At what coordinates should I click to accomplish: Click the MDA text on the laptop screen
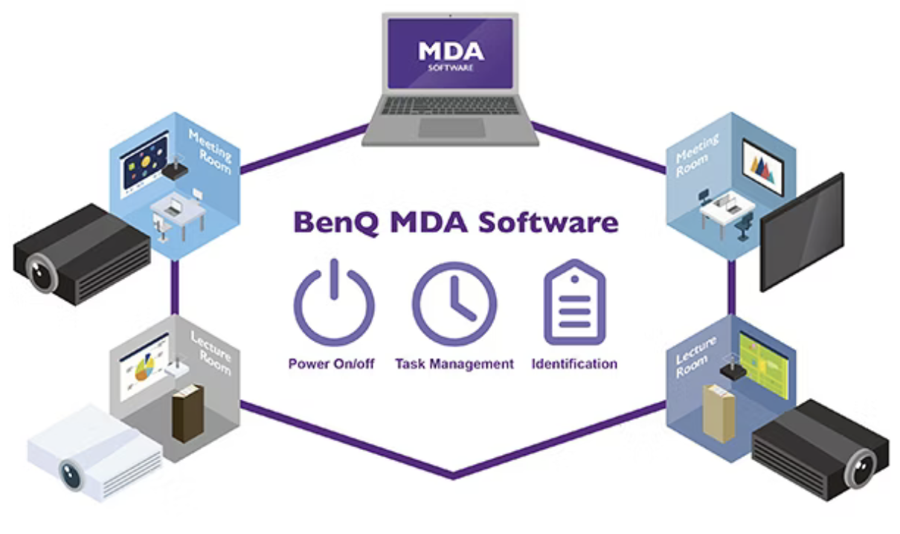(450, 52)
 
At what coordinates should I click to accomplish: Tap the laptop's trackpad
(450, 127)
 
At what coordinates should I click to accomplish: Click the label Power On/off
(332, 364)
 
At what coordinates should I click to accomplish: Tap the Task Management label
(454, 364)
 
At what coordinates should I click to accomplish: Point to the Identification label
(574, 364)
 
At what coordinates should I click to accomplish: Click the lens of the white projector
(71, 474)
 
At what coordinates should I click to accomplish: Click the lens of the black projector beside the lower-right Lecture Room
(862, 468)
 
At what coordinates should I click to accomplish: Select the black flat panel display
(802, 232)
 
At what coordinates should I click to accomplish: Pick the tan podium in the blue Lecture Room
(719, 413)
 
